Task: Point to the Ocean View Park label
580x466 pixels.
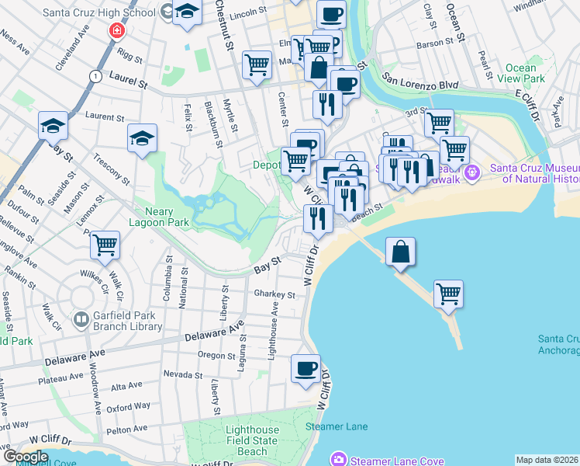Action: tap(520, 74)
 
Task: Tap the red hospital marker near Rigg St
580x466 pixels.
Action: tap(117, 31)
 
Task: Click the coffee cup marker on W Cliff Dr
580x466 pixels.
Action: tap(306, 368)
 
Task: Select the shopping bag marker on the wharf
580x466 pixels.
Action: tap(400, 252)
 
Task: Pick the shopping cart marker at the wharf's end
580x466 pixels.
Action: tap(448, 294)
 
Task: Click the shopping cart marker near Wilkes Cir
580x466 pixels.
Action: tap(105, 245)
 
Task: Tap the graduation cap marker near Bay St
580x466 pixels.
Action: tap(54, 126)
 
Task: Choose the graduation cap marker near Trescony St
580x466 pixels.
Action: tap(143, 138)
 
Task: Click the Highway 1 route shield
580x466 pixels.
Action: tap(95, 76)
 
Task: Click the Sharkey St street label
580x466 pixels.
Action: tap(274, 295)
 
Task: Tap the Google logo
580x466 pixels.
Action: tap(26, 457)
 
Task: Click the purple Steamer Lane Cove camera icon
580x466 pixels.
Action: tap(339, 460)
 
